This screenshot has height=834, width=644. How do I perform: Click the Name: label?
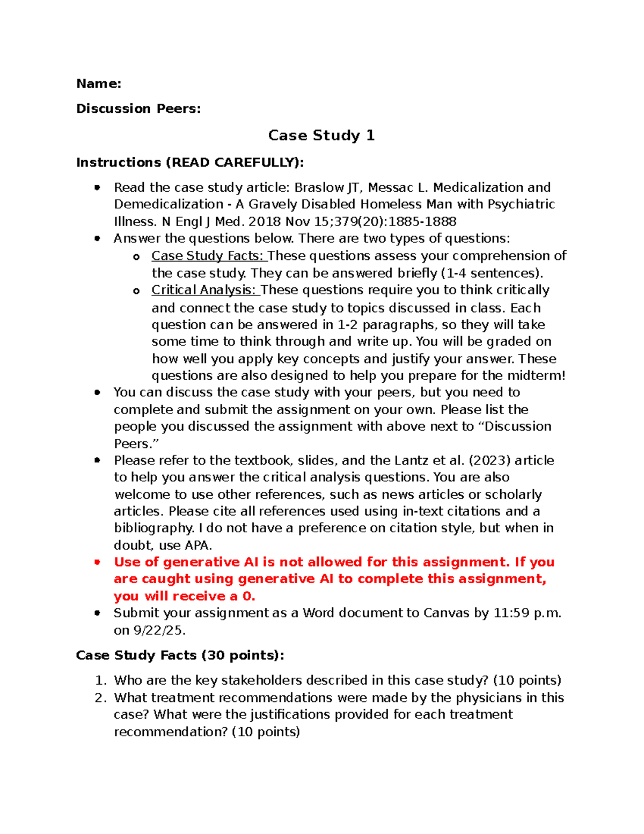click(99, 84)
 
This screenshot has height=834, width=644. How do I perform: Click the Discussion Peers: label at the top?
click(138, 109)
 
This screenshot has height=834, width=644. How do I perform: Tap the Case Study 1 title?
click(321, 135)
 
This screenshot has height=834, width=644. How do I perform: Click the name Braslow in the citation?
click(319, 188)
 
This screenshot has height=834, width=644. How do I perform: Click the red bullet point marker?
click(97, 562)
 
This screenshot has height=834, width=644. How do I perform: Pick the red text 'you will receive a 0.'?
click(185, 597)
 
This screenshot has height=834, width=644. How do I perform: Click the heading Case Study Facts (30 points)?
click(180, 656)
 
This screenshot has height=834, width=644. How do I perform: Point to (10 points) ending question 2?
click(266, 732)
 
